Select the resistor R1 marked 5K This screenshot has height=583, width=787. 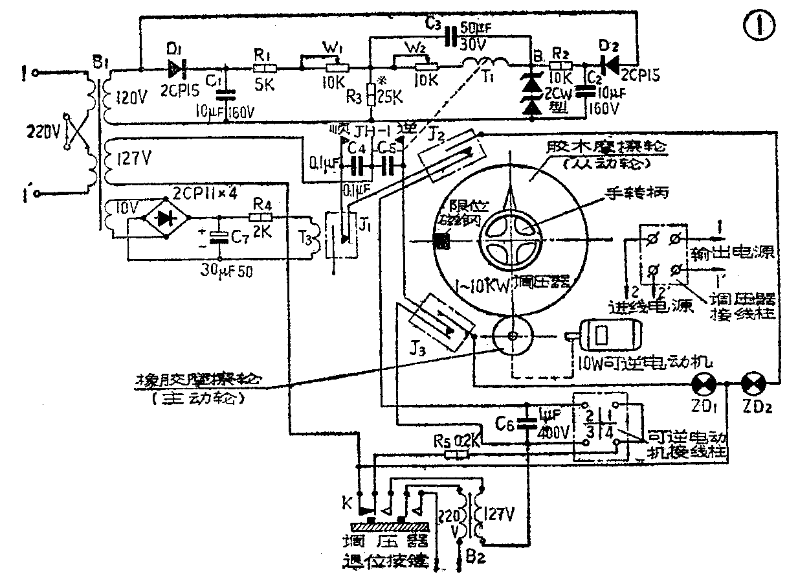265,67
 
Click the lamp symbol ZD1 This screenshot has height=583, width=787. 701,383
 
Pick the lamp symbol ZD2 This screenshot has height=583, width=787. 752,383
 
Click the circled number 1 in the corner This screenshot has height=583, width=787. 753,25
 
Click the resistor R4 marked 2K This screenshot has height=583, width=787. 263,218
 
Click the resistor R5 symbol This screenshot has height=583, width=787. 457,455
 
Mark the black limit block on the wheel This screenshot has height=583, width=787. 442,240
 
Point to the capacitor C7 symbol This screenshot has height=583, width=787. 221,237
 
